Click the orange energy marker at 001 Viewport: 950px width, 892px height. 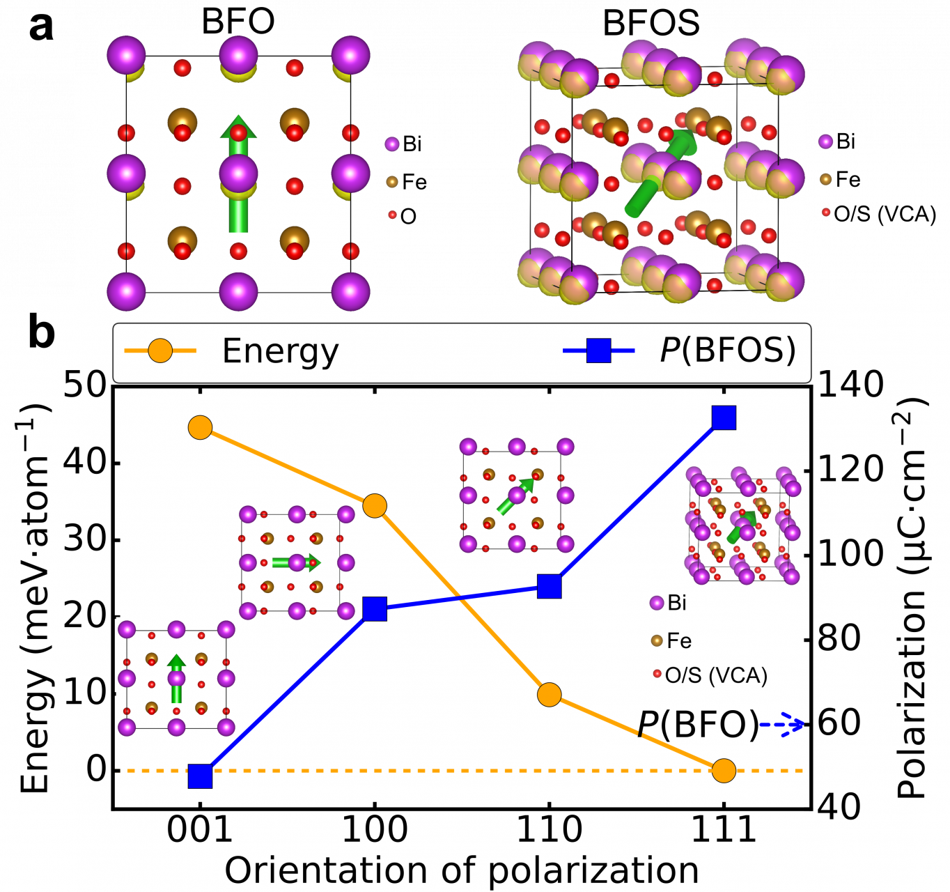(200, 427)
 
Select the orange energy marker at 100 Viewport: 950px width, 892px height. (375, 506)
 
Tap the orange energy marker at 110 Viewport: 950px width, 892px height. (550, 695)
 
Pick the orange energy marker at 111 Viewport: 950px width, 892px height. (724, 771)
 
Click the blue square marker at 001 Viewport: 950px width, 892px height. (200, 776)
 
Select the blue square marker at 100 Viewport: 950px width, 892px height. (375, 609)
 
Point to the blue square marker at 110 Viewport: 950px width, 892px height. (550, 587)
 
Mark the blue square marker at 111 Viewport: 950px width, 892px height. (724, 418)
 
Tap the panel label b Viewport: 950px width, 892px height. (41, 333)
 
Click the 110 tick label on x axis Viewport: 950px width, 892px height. (550, 830)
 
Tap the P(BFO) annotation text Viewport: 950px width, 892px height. (698, 725)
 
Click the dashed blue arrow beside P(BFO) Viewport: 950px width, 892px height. (782, 725)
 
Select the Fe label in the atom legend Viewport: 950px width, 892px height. (679, 640)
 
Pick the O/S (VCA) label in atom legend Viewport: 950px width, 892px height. (716, 675)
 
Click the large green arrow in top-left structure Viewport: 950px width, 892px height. (238, 174)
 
